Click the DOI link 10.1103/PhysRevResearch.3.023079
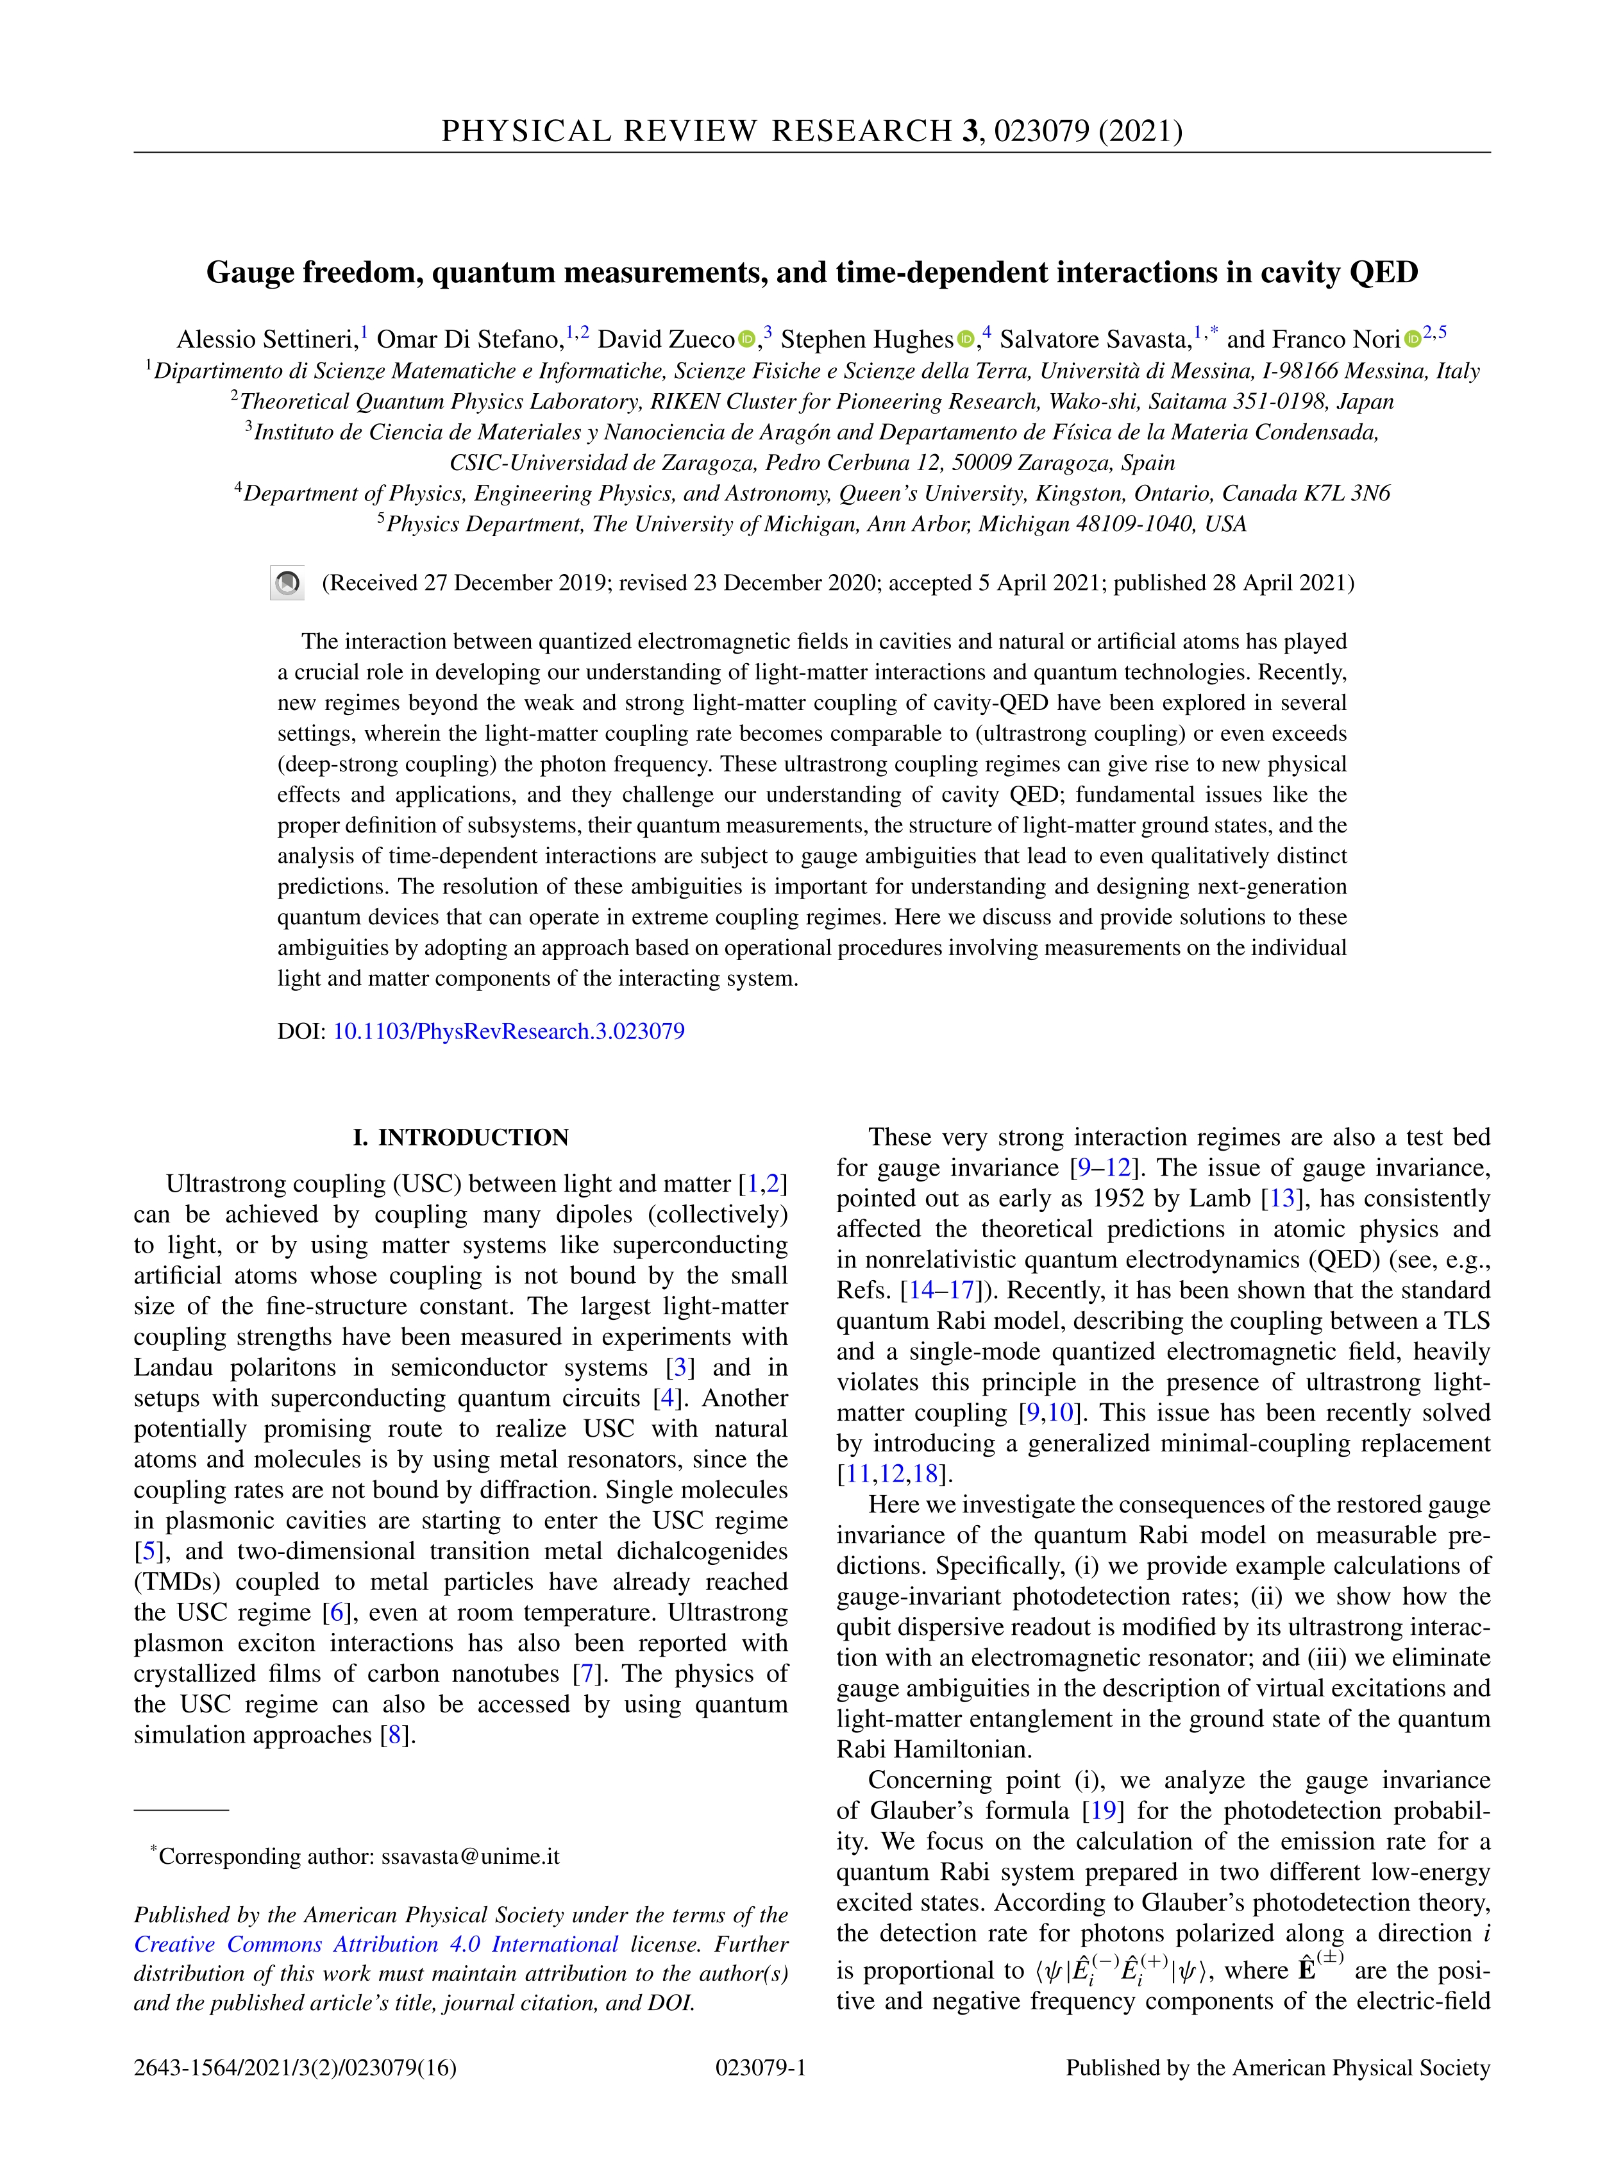[x=509, y=1031]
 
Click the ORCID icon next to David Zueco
[x=746, y=339]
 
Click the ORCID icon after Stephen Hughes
[x=966, y=339]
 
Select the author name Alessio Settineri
[x=266, y=339]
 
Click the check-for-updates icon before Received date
[x=288, y=583]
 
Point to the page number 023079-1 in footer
[x=761, y=2067]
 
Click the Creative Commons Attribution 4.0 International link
[x=376, y=1944]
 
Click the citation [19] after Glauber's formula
[x=1102, y=1811]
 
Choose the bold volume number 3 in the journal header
[x=970, y=131]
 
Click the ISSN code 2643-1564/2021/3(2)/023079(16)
[x=296, y=2067]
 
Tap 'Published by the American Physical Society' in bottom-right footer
[x=1277, y=2067]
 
